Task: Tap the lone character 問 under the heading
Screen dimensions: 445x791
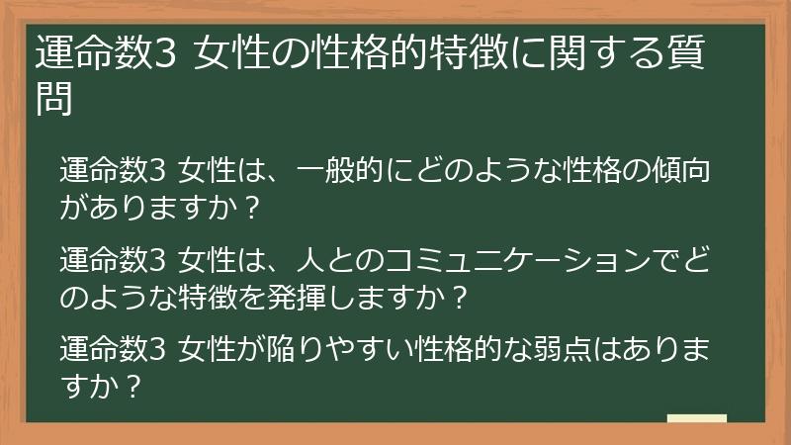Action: point(54,99)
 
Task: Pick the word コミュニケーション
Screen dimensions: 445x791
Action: point(495,260)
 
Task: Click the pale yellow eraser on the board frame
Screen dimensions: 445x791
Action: point(696,419)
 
